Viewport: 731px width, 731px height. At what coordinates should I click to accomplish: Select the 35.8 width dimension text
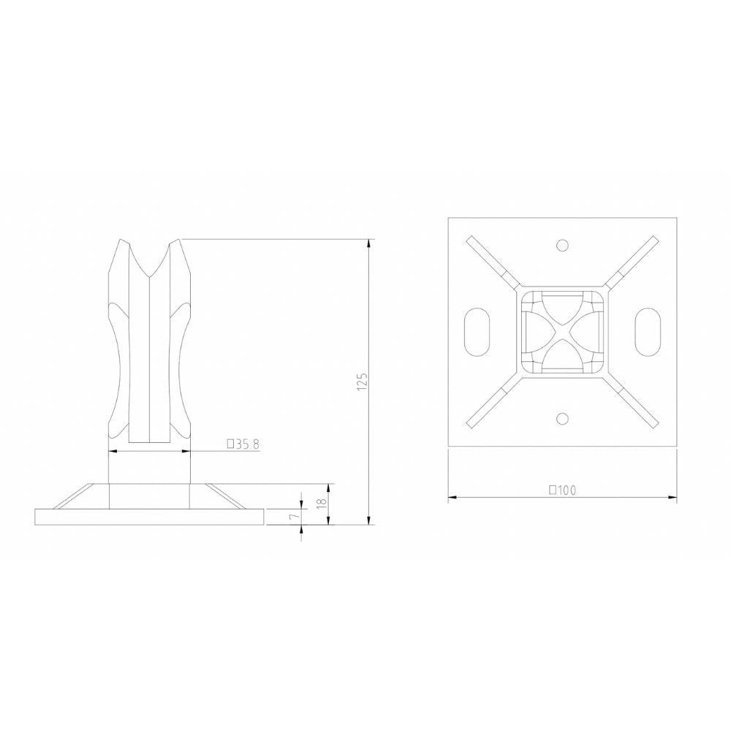point(247,444)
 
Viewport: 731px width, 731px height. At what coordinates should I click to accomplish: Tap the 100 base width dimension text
point(565,491)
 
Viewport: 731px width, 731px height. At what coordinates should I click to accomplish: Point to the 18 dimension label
point(320,504)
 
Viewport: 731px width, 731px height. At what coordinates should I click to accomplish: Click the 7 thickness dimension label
point(293,516)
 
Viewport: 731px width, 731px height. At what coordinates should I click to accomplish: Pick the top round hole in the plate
point(561,244)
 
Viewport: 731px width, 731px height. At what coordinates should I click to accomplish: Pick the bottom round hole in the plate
point(561,418)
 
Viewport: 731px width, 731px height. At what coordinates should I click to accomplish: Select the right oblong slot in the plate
point(648,331)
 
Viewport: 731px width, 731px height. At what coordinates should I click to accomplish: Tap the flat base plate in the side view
point(150,516)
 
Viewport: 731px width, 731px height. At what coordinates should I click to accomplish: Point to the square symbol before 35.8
point(231,444)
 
